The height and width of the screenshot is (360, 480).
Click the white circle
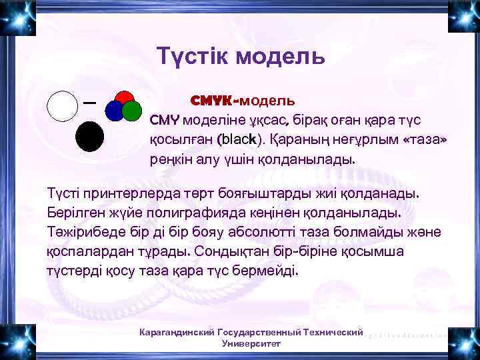63,105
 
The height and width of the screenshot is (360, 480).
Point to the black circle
89,137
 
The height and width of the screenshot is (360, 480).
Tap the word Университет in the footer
251,343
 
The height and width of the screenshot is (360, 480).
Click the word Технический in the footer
333,332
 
